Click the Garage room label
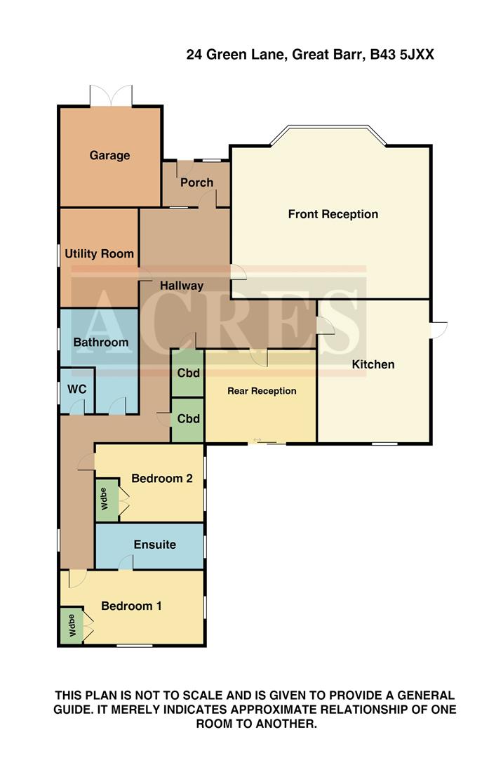(x=109, y=155)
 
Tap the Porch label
(x=196, y=182)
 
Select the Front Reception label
(x=333, y=214)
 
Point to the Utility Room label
(x=99, y=253)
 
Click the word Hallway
(x=181, y=286)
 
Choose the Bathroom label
(x=101, y=343)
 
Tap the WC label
(x=76, y=389)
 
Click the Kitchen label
(x=373, y=364)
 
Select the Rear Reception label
(x=262, y=391)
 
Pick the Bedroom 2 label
(x=162, y=479)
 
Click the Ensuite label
(x=154, y=545)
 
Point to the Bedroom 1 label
(x=131, y=606)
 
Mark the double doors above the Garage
(x=110, y=95)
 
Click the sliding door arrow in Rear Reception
(x=257, y=440)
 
